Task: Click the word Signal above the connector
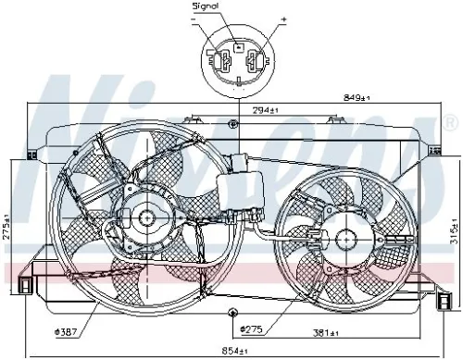pyautogui.click(x=205, y=6)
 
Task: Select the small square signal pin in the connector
pyautogui.click(x=238, y=45)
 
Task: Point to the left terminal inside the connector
pyautogui.click(x=224, y=63)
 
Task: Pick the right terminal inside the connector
pyautogui.click(x=253, y=63)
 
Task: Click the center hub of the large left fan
pyautogui.click(x=145, y=219)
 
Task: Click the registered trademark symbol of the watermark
pyautogui.click(x=451, y=122)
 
